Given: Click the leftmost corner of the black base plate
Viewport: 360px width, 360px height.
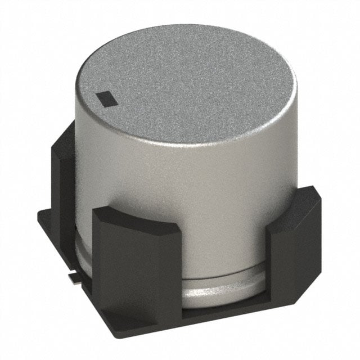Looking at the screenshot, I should click(x=38, y=217).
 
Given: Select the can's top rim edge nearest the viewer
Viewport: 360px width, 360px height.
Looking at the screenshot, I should click(x=186, y=143).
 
